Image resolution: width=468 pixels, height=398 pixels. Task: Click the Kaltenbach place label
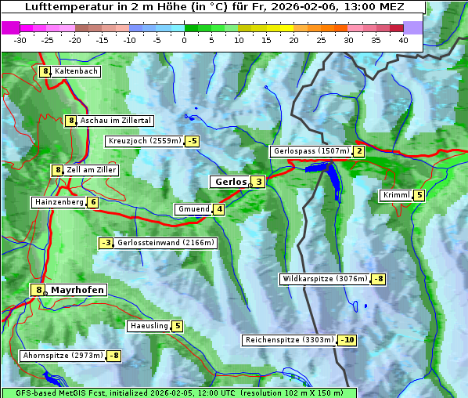pyautogui.click(x=76, y=71)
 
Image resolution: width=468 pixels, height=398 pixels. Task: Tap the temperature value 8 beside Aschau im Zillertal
pyautogui.click(x=70, y=121)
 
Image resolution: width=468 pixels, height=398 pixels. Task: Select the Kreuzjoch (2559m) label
pyautogui.click(x=144, y=141)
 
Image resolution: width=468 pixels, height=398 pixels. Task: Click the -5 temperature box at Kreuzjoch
pyautogui.click(x=192, y=141)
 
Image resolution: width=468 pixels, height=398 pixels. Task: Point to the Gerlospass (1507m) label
pyautogui.click(x=311, y=151)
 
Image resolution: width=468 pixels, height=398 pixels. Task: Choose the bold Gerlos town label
pyautogui.click(x=230, y=182)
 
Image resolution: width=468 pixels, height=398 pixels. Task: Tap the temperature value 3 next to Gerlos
pyautogui.click(x=258, y=182)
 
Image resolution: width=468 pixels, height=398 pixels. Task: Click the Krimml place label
pyautogui.click(x=396, y=195)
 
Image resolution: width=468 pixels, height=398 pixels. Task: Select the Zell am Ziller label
pyautogui.click(x=92, y=170)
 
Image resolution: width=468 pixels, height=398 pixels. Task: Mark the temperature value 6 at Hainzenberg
pyautogui.click(x=93, y=202)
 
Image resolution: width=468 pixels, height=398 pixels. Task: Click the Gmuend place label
pyautogui.click(x=193, y=209)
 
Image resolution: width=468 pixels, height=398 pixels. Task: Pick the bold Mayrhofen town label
pyautogui.click(x=77, y=290)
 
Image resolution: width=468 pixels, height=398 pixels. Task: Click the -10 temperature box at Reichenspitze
pyautogui.click(x=347, y=340)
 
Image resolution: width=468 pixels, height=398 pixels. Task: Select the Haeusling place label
pyautogui.click(x=148, y=326)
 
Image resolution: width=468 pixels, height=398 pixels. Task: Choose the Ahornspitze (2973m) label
pyautogui.click(x=63, y=356)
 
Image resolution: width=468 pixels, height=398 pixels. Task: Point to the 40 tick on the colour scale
pyautogui.click(x=403, y=40)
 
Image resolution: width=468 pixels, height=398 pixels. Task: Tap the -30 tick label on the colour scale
pyautogui.click(x=20, y=40)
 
